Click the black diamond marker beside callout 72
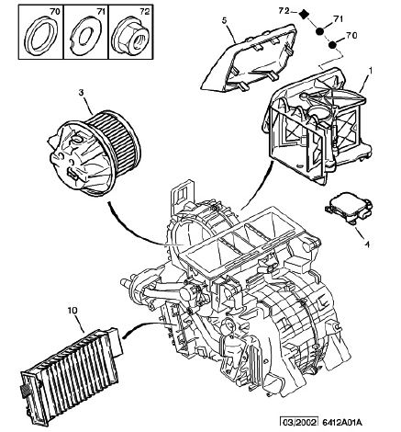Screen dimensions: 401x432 click(304, 14)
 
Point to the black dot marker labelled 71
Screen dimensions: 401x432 click(320, 31)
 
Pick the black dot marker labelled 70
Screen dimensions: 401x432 click(332, 45)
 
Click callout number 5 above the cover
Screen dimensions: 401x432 click(224, 21)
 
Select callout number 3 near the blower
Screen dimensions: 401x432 click(81, 93)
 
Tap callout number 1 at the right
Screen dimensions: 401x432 click(370, 71)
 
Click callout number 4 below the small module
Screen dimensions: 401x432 click(367, 244)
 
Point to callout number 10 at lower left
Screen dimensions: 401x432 click(72, 311)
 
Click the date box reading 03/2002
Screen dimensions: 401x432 click(299, 422)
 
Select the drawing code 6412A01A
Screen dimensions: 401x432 click(342, 423)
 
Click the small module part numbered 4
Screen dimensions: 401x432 click(349, 209)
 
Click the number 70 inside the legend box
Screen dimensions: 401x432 click(55, 12)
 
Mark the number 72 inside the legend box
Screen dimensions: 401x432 click(145, 12)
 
